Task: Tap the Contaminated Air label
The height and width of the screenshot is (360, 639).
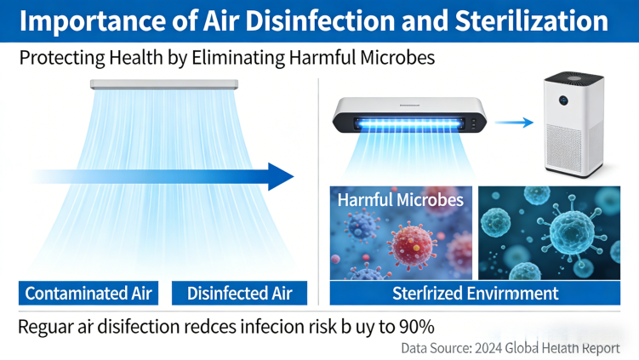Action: (x=88, y=294)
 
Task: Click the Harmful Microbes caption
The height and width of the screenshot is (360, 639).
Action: (x=400, y=200)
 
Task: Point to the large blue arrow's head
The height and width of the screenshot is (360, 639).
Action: (x=281, y=177)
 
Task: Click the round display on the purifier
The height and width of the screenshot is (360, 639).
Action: (x=564, y=100)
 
